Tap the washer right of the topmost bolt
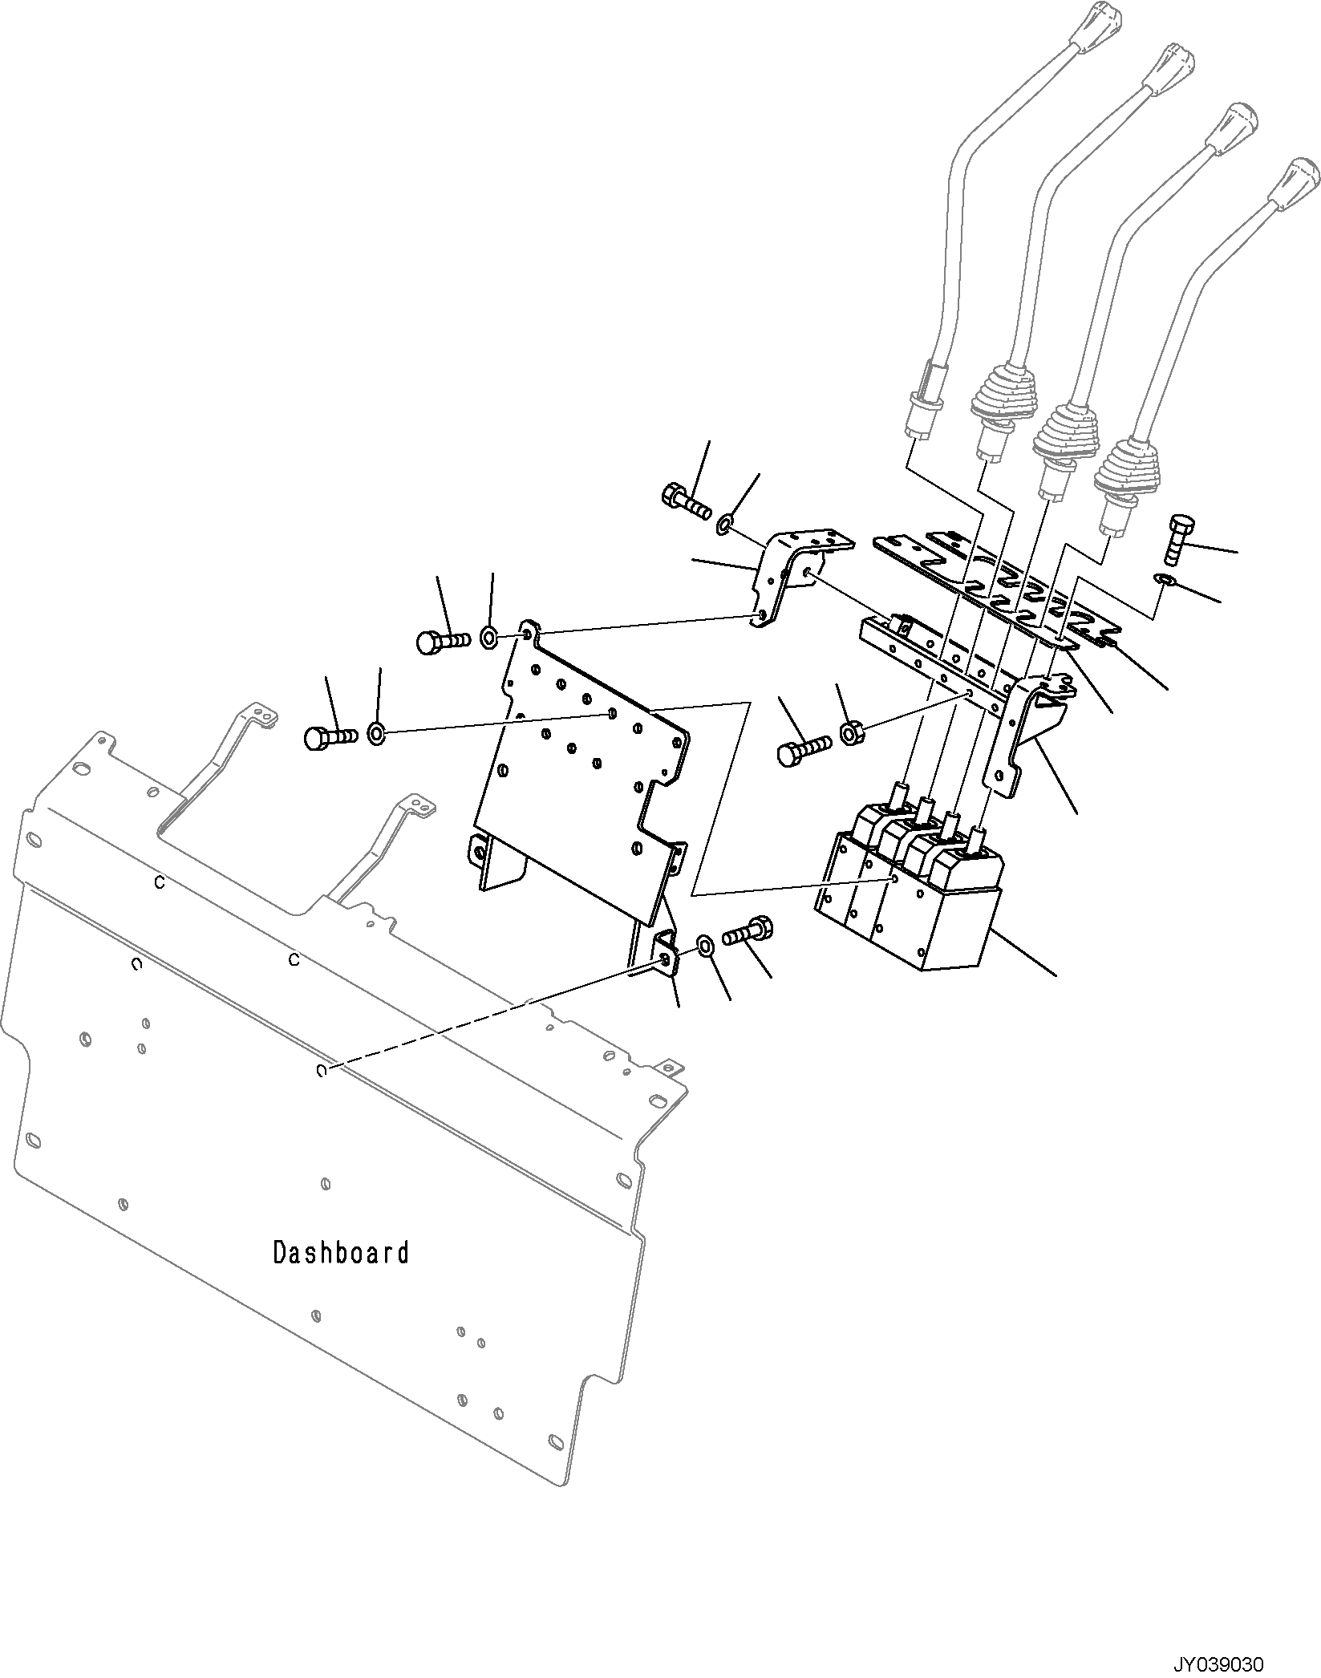coord(723,525)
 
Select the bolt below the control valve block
coord(748,932)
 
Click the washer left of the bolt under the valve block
coord(704,945)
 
